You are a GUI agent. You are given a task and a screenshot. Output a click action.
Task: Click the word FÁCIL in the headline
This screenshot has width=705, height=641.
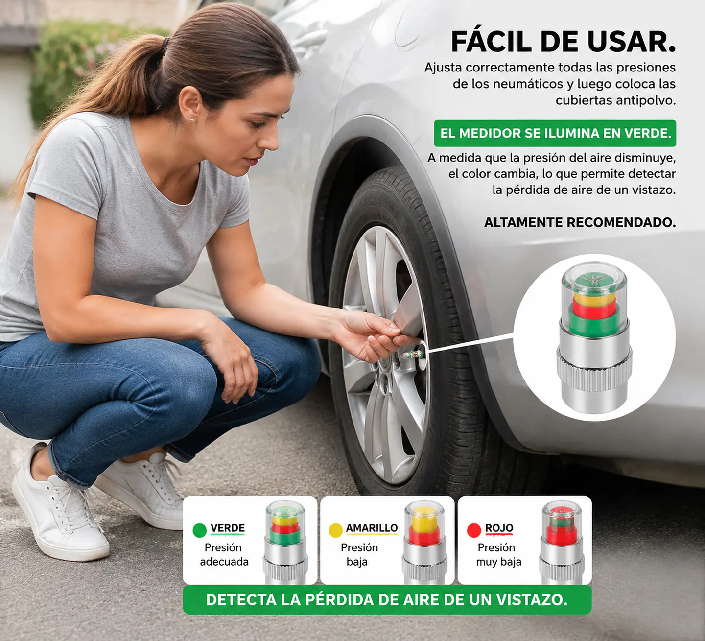pyautogui.click(x=492, y=42)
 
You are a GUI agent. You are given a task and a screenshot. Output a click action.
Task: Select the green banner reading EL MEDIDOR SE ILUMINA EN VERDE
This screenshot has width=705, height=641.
pyautogui.click(x=555, y=133)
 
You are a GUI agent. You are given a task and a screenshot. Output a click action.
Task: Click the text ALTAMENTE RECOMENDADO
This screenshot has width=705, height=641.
pyautogui.click(x=580, y=223)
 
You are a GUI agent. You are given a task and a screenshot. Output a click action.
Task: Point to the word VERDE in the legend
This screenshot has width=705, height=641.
pyautogui.click(x=227, y=528)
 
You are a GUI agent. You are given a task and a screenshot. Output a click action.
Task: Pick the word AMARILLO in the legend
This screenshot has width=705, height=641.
pyautogui.click(x=372, y=528)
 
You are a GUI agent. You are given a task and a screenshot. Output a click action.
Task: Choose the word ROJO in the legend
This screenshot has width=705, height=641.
pyautogui.click(x=499, y=528)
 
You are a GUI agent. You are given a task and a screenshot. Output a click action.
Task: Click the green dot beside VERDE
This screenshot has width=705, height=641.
pyautogui.click(x=200, y=530)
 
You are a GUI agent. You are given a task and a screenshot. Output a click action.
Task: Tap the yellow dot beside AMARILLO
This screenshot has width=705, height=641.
pyautogui.click(x=336, y=530)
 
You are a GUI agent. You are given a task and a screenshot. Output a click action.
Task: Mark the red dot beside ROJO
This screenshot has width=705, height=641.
pyautogui.click(x=474, y=530)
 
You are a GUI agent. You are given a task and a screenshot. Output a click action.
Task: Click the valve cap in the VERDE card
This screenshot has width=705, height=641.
pyautogui.click(x=285, y=542)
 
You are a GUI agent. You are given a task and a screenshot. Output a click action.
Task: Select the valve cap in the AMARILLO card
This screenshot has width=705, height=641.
pyautogui.click(x=424, y=542)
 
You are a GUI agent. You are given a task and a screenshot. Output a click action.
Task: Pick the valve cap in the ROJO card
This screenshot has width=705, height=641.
pyautogui.click(x=562, y=542)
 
